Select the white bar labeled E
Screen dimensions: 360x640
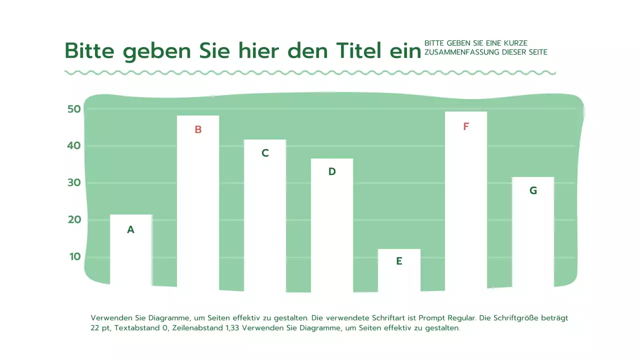pos(399,272)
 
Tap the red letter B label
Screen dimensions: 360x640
pos(198,129)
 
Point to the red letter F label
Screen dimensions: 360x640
pos(466,126)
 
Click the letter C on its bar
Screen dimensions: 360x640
pos(265,153)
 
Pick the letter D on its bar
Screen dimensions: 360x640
pos(332,171)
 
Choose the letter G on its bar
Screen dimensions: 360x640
pos(533,190)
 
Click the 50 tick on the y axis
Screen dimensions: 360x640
pos(74,109)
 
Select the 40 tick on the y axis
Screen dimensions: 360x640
pos(74,146)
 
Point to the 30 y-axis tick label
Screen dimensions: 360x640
pos(74,183)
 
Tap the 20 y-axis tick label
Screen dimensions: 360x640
pos(74,220)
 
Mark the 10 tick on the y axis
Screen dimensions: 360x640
pos(74,256)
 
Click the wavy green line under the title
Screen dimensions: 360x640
pos(310,73)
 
